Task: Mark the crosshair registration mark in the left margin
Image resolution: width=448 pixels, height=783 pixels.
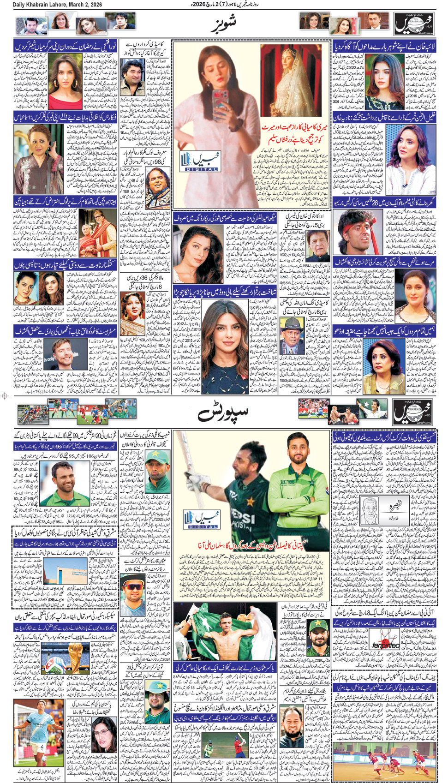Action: tap(5, 395)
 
